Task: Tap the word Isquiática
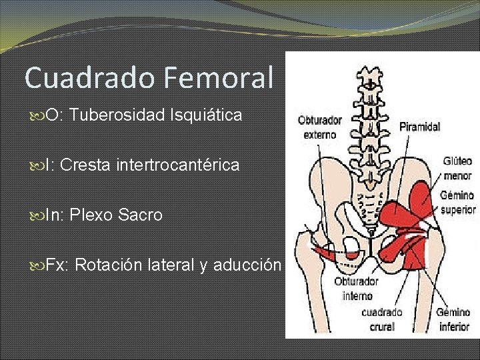[x=206, y=115]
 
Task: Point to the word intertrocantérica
[x=177, y=165]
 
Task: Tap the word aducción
[x=247, y=265]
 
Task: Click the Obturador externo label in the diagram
[x=320, y=127]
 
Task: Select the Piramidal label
[x=420, y=127]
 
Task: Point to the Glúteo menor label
[x=457, y=168]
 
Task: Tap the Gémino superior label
[x=457, y=203]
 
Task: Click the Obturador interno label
[x=357, y=288]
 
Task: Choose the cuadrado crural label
[x=382, y=319]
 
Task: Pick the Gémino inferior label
[x=454, y=319]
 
